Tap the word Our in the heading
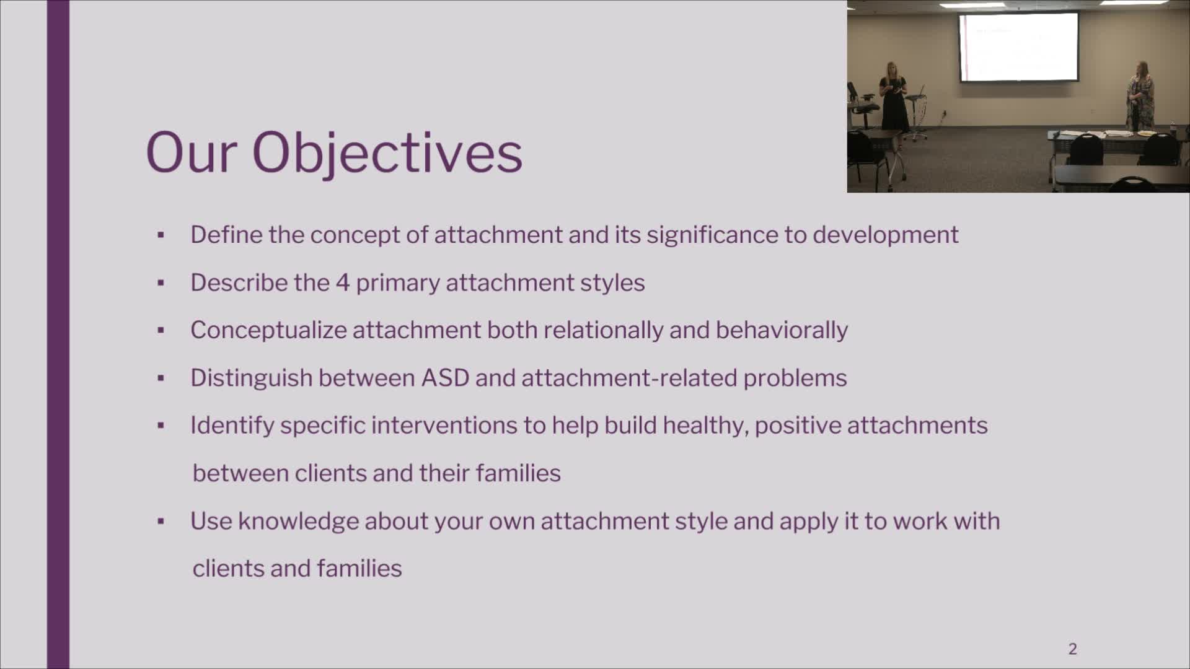tap(192, 152)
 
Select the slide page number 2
tap(1073, 649)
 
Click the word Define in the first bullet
tap(226, 235)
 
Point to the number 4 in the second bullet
tap(343, 282)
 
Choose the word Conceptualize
tap(268, 330)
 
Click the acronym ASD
tap(445, 378)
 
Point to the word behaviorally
tap(782, 330)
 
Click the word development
tap(886, 235)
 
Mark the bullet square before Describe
tap(161, 283)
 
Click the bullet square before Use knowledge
tap(161, 522)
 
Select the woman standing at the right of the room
tap(1140, 97)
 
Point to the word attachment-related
tap(629, 378)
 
